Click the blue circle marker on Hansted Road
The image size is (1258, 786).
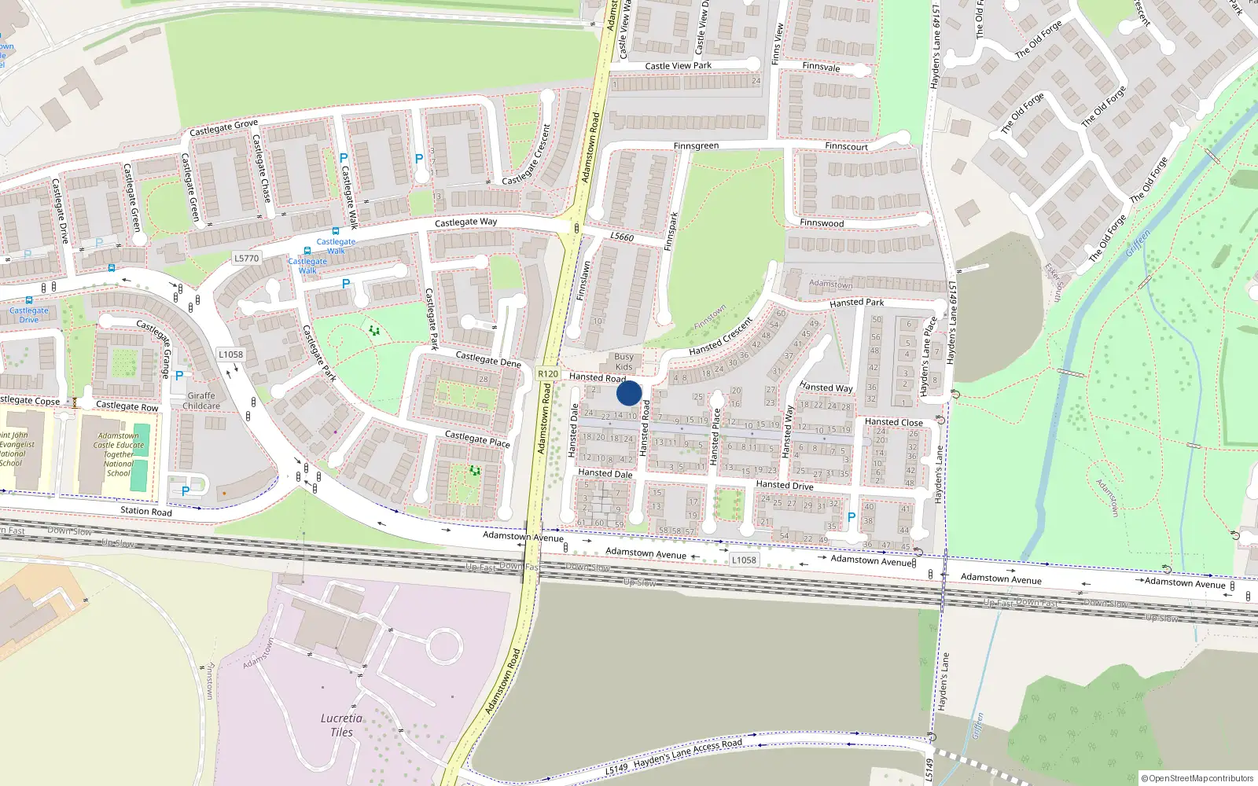[629, 393]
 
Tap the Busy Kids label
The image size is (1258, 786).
[623, 362]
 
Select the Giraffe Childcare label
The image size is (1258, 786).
[201, 401]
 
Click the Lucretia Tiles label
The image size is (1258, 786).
[341, 725]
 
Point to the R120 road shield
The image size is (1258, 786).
[548, 374]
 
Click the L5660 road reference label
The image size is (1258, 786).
[621, 237]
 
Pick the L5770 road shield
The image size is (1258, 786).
[246, 258]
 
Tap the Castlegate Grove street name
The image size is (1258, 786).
[223, 127]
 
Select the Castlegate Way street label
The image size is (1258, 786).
[465, 222]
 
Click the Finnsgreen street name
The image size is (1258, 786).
[696, 145]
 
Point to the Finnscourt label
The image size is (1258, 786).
[846, 146]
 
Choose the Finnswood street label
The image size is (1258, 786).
[822, 223]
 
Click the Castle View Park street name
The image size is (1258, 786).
[678, 66]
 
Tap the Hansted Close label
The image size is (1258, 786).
[893, 422]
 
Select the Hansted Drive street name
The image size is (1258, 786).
[784, 485]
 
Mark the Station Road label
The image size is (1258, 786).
[145, 511]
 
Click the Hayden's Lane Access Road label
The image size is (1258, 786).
[687, 754]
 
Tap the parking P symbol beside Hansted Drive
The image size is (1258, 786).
[851, 517]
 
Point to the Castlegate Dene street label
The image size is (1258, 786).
[488, 359]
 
